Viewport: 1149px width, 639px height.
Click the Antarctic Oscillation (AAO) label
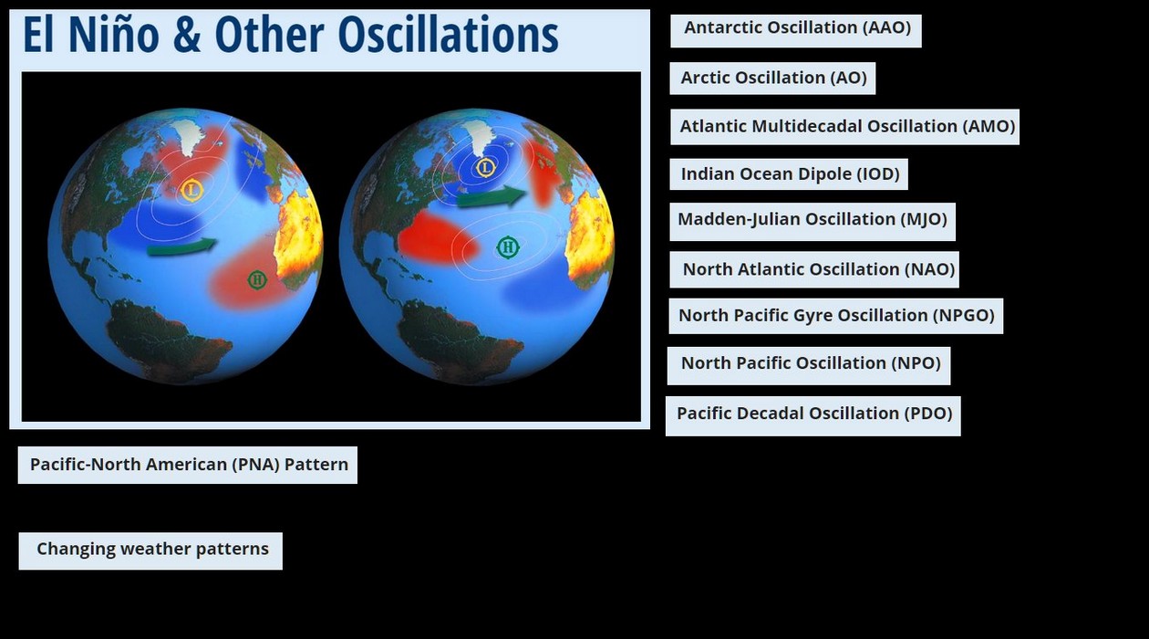click(795, 31)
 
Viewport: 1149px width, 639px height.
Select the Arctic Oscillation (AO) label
click(772, 79)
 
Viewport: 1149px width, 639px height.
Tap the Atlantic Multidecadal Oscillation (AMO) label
click(844, 126)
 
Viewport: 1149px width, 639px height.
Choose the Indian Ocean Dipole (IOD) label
click(789, 174)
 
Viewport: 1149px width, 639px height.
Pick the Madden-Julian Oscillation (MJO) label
click(813, 222)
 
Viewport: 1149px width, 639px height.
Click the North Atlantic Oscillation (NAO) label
click(814, 269)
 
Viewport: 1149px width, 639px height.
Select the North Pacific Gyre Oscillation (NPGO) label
click(836, 316)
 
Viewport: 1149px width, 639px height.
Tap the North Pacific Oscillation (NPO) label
click(809, 366)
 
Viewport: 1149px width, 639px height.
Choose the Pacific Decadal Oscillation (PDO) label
click(813, 416)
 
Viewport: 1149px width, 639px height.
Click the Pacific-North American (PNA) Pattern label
click(188, 465)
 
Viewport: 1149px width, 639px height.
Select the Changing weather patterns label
click(150, 550)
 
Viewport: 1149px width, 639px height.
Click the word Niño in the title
click(113, 35)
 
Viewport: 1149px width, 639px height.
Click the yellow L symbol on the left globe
click(191, 190)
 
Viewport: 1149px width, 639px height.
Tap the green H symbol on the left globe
click(257, 280)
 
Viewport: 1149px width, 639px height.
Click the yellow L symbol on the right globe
click(485, 167)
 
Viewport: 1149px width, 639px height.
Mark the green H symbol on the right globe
click(508, 247)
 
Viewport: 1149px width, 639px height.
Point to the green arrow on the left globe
click(182, 247)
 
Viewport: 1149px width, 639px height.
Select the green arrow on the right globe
click(492, 196)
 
